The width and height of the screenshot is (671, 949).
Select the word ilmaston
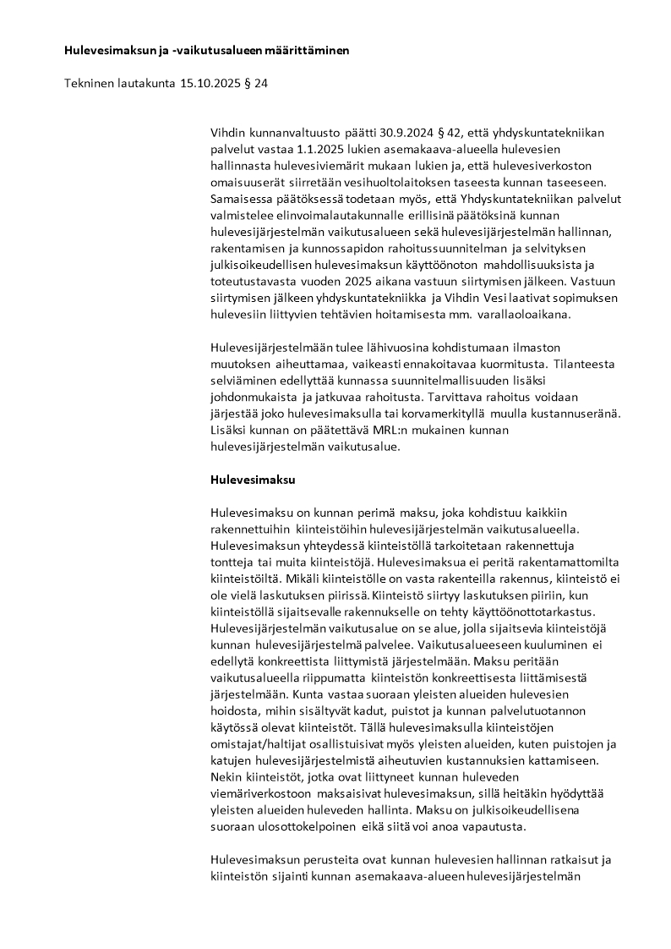pyautogui.click(x=538, y=348)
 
